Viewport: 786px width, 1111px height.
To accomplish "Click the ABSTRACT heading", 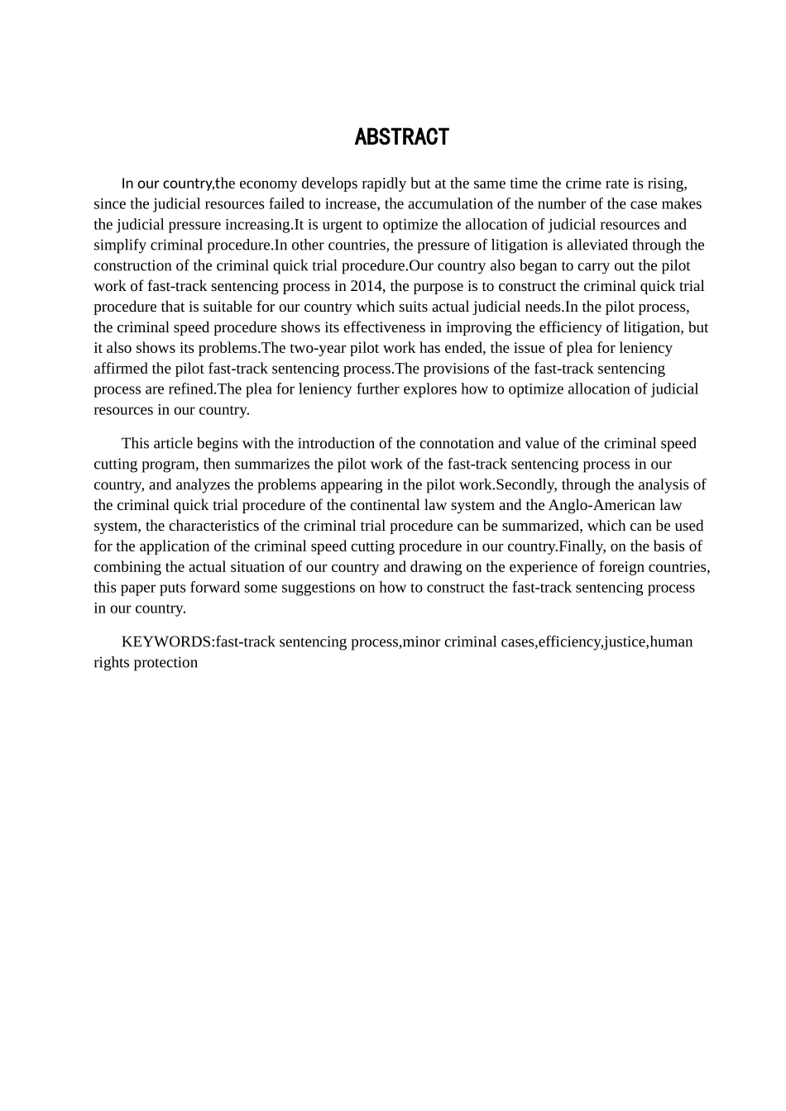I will pos(401,137).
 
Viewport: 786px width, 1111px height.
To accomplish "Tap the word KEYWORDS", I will pos(166,641).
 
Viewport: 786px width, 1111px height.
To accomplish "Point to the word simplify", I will pos(121,245).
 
